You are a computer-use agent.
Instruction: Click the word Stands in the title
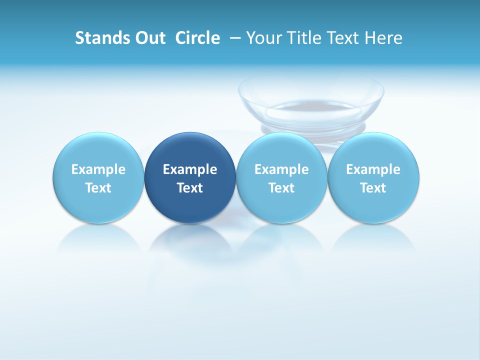(x=95, y=38)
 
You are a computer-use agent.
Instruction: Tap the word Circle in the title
(x=197, y=38)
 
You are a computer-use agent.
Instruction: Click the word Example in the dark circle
(x=190, y=169)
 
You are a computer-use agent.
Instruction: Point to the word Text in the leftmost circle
(x=98, y=188)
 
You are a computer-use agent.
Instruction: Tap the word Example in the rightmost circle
(x=373, y=169)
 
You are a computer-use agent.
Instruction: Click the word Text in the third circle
(x=281, y=188)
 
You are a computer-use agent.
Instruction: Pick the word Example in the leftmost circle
(x=98, y=169)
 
